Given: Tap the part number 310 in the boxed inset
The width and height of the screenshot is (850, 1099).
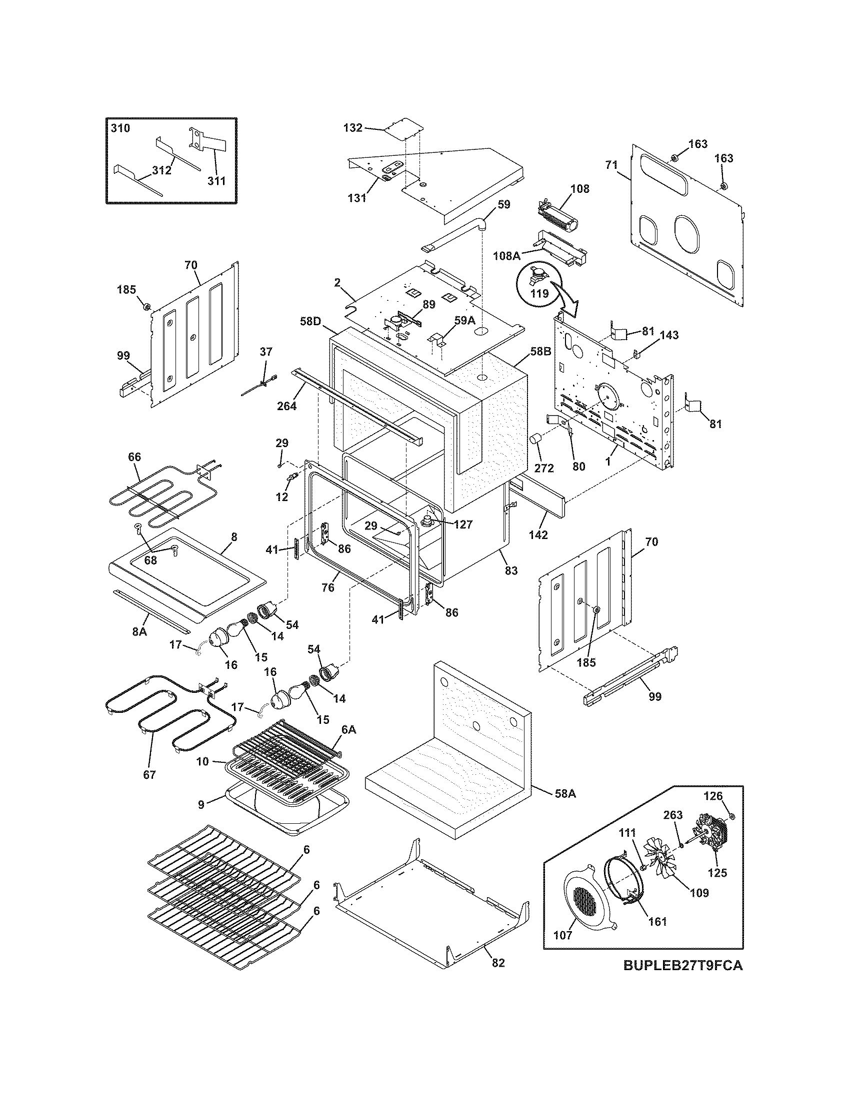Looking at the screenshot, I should point(120,128).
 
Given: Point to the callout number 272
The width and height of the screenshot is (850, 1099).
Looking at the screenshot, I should point(544,468).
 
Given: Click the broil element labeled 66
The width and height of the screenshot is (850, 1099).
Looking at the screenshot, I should point(151,496).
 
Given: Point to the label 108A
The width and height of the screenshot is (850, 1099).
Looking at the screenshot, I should point(506,256).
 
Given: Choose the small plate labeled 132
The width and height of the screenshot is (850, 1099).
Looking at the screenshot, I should point(403,131).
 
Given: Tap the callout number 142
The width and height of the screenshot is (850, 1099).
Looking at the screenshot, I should point(538,535).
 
